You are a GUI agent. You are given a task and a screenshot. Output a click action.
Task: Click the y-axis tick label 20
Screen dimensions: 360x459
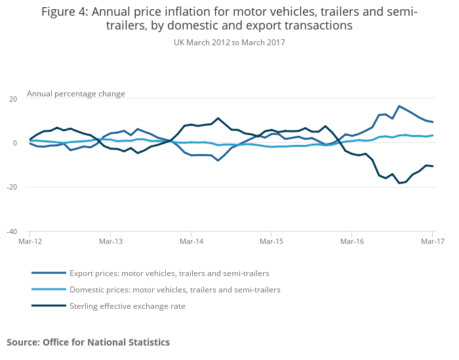click(x=12, y=99)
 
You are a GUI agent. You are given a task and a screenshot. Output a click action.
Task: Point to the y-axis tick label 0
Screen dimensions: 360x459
click(x=14, y=143)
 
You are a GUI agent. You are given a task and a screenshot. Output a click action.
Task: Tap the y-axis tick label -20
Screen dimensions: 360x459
click(x=11, y=188)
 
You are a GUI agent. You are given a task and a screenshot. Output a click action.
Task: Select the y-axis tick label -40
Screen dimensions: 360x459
click(x=11, y=231)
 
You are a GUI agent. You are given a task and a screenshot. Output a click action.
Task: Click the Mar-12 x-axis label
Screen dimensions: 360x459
click(x=30, y=241)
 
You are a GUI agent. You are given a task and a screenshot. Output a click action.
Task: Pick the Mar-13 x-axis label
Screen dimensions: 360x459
click(x=110, y=241)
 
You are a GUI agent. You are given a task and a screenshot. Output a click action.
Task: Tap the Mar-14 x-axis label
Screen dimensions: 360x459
click(x=191, y=241)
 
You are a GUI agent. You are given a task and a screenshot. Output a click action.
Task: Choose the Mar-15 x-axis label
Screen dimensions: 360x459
click(x=271, y=241)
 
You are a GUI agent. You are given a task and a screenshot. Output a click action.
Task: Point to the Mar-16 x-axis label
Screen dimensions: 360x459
click(x=351, y=241)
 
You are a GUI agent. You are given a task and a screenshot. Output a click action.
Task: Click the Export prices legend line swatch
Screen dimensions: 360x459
click(x=49, y=273)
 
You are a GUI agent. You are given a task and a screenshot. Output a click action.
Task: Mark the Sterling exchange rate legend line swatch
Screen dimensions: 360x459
click(x=49, y=306)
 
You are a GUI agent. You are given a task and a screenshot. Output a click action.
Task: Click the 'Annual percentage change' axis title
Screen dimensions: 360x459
click(x=75, y=94)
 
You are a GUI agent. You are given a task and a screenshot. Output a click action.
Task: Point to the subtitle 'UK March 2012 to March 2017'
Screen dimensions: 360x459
click(x=229, y=43)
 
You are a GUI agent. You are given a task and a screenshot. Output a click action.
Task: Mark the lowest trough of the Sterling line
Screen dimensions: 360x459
click(x=399, y=183)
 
